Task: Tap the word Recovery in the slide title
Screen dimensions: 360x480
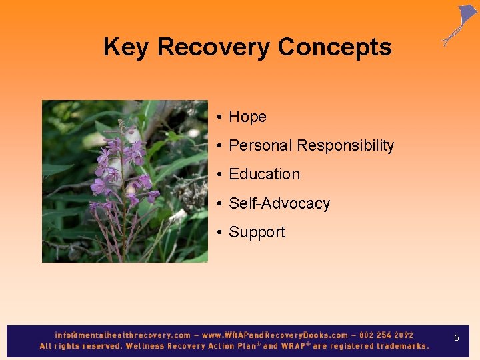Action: coord(214,47)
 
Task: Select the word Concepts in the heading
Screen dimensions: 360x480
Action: coord(335,47)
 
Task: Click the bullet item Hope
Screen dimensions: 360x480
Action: coord(247,117)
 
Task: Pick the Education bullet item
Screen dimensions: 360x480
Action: coord(264,174)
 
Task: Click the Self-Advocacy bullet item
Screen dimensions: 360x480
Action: coord(279,203)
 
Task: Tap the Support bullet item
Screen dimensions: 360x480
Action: coord(257,232)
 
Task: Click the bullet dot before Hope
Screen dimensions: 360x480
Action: coord(219,117)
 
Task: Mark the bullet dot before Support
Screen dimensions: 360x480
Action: coord(219,233)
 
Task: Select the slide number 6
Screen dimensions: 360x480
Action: coord(457,338)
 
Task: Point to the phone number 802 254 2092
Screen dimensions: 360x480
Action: coord(386,335)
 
